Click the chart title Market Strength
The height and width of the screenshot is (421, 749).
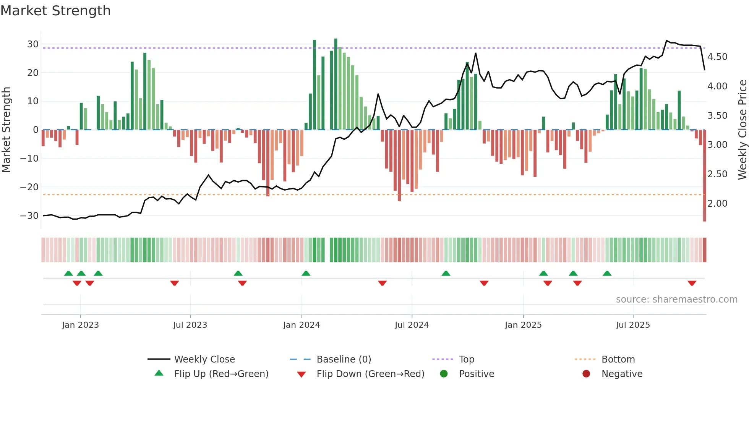[x=55, y=11]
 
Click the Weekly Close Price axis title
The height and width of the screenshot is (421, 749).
[x=742, y=130]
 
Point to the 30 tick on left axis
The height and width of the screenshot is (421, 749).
[x=33, y=44]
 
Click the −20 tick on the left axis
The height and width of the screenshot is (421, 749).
[x=29, y=187]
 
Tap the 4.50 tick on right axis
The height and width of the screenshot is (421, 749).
[x=717, y=57]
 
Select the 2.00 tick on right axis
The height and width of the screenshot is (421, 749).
[x=717, y=204]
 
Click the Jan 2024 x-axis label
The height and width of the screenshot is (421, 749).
[x=302, y=325]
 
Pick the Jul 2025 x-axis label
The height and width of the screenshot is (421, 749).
[x=633, y=325]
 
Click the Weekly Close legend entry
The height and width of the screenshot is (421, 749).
[x=204, y=359]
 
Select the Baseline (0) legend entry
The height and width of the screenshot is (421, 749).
[x=344, y=359]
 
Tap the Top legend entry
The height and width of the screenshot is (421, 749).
[x=466, y=359]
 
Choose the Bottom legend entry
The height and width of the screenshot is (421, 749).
[x=618, y=359]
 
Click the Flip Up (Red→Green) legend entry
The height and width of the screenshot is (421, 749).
[x=221, y=374]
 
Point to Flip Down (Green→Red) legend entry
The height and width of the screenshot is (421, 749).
[x=370, y=374]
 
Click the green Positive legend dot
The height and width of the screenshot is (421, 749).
[x=444, y=374]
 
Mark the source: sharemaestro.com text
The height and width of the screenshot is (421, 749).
[x=676, y=300]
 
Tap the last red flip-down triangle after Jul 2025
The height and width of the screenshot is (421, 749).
[x=692, y=283]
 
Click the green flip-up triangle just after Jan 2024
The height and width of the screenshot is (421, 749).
[x=306, y=273]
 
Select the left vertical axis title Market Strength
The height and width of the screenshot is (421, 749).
[x=6, y=130]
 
